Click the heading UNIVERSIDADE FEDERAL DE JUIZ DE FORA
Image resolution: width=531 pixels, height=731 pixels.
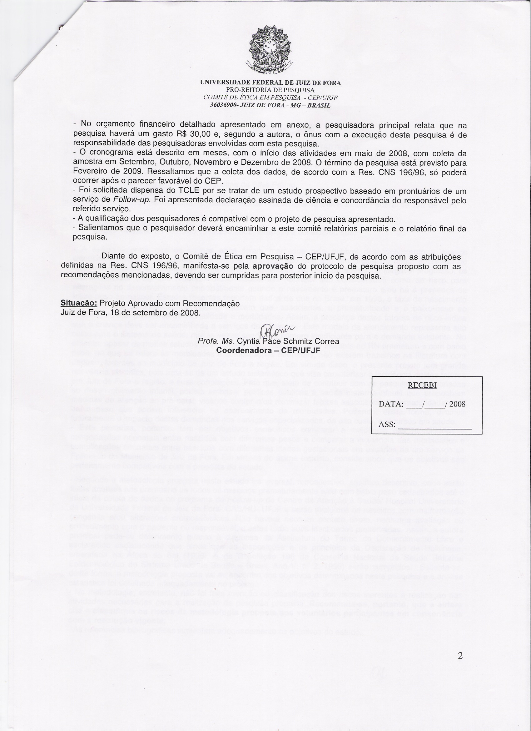[x=270, y=83]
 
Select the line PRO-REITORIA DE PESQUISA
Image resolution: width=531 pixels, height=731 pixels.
[x=270, y=90]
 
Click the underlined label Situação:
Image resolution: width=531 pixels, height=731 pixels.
[x=79, y=303]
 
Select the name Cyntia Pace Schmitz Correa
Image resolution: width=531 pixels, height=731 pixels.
[x=288, y=341]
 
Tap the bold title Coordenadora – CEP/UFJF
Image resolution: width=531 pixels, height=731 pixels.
[x=268, y=350]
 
